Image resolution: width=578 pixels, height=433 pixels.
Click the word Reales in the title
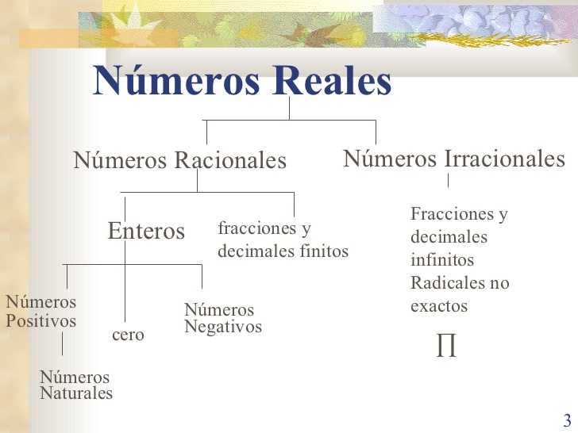click(332, 81)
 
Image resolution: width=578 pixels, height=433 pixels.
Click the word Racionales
click(230, 160)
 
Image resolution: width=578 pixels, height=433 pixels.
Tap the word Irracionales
click(505, 159)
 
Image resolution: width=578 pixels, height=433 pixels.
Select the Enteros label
click(146, 231)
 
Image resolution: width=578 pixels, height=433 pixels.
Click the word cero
click(128, 335)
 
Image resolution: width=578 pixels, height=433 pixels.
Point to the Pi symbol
click(446, 345)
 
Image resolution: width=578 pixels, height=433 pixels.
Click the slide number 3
click(567, 420)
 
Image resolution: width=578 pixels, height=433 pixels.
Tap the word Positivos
click(41, 320)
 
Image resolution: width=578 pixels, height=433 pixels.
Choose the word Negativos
click(223, 327)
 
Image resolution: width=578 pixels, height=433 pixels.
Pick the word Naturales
click(76, 393)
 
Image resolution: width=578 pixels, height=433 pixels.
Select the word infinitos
click(442, 259)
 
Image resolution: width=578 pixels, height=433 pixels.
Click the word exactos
click(439, 306)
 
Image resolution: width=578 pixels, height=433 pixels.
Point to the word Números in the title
click(176, 81)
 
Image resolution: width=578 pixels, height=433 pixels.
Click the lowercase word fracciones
click(257, 228)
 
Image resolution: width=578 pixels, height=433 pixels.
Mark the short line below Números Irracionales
click(449, 181)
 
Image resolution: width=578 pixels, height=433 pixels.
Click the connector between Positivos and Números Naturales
click(62, 344)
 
